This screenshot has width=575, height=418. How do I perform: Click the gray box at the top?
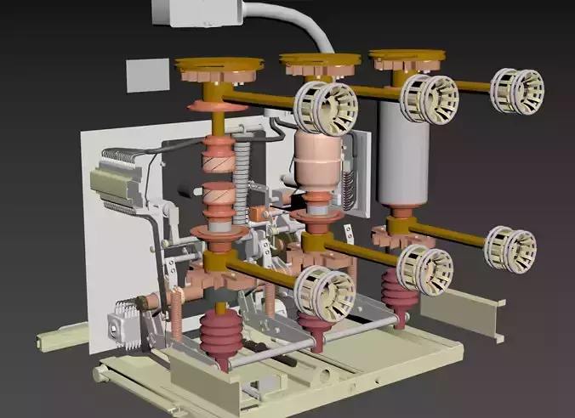[x=195, y=11]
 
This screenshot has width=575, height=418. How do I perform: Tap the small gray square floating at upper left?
[x=147, y=76]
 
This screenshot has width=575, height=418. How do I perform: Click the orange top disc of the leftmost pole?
[x=219, y=65]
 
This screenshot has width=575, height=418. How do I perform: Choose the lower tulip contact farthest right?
[x=510, y=249]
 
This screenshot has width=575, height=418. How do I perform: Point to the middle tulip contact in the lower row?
[x=424, y=268]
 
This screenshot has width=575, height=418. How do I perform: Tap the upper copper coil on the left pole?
[x=217, y=154]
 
